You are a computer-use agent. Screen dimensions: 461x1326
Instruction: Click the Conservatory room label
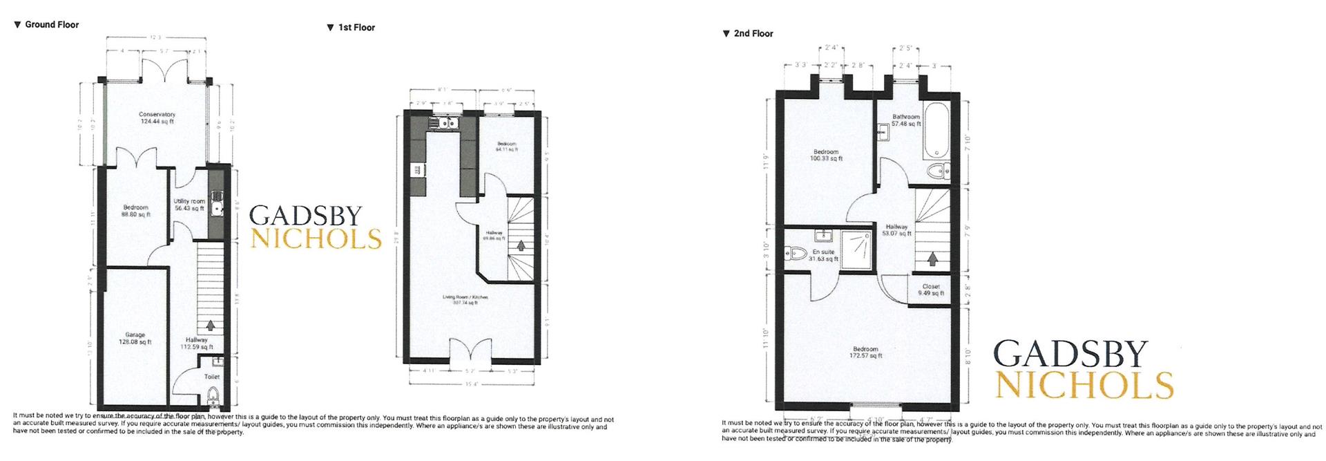pyautogui.click(x=157, y=117)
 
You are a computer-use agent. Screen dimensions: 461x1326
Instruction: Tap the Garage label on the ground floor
pyautogui.click(x=135, y=338)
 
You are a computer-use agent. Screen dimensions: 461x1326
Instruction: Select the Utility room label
pyautogui.click(x=189, y=205)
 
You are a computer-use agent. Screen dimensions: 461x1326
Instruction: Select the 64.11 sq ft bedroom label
pyautogui.click(x=506, y=147)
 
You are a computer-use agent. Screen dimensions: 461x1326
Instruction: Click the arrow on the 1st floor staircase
pyautogui.click(x=521, y=245)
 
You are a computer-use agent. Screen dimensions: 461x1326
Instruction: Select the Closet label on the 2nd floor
pyautogui.click(x=930, y=289)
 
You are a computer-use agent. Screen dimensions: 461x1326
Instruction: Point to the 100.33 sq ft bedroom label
pyautogui.click(x=826, y=155)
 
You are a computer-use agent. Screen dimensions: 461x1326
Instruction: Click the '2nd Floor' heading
pyautogui.click(x=752, y=33)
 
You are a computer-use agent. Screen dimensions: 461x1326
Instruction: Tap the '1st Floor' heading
pyautogui.click(x=356, y=28)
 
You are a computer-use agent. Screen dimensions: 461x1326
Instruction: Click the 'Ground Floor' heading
pyautogui.click(x=51, y=24)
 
